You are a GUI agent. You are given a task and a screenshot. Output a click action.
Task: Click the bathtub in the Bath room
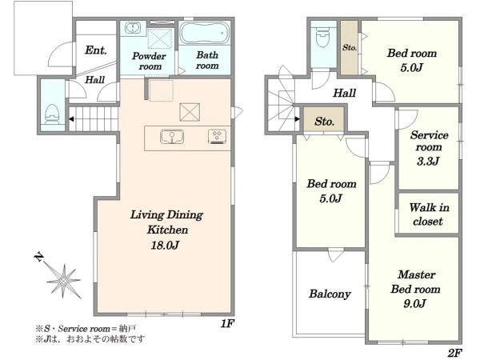pos(204,33)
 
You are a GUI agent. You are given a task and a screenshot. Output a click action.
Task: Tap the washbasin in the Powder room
pos(133,27)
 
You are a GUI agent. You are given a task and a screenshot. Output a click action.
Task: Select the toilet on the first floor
pos(52,114)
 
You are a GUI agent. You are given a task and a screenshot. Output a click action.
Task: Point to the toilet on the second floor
pos(322,37)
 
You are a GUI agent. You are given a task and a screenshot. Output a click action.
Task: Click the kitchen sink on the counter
pos(172,136)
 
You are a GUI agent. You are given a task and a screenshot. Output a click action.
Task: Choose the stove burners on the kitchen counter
pos(217,136)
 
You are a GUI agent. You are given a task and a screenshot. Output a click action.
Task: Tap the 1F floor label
pos(227,323)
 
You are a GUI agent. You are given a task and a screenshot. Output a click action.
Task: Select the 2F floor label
pos(454,353)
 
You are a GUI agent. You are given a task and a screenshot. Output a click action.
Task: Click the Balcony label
pos(330,294)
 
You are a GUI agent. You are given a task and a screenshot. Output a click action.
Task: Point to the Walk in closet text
pos(429,214)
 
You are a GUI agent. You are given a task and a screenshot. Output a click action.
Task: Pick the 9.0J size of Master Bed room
pos(414,304)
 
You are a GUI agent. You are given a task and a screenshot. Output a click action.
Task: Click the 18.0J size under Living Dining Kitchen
pos(165,245)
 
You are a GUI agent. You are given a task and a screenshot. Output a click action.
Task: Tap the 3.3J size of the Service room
pos(428,161)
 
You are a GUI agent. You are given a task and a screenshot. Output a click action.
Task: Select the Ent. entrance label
pos(96,50)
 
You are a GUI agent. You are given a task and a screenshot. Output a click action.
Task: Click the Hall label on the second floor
pos(344,93)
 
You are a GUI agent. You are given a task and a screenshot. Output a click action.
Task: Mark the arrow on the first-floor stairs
pos(71,119)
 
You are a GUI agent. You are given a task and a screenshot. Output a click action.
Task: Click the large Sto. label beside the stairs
pos(324,122)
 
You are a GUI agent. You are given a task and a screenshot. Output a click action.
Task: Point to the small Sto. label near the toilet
pos(350,47)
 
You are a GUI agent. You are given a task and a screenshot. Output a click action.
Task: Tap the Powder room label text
pos(149,62)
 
